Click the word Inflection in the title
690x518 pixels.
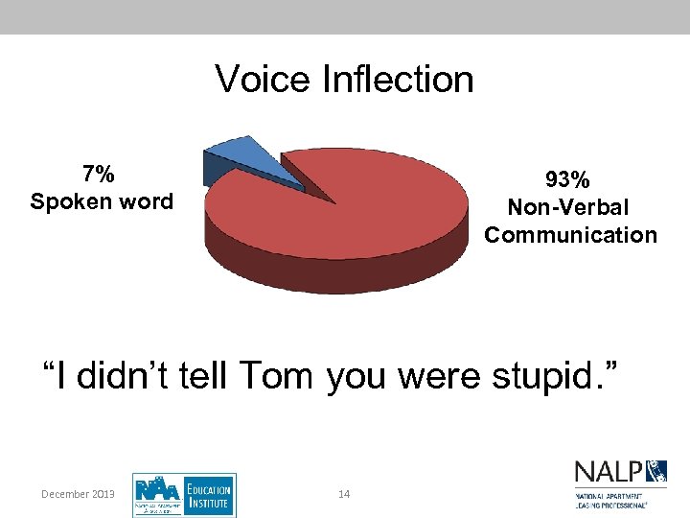pyautogui.click(x=397, y=79)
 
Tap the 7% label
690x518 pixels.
pyautogui.click(x=100, y=174)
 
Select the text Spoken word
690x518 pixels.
pyautogui.click(x=102, y=201)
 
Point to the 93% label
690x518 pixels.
pyautogui.click(x=568, y=179)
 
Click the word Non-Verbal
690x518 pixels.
pyautogui.click(x=568, y=207)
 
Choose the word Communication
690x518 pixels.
pyautogui.click(x=570, y=235)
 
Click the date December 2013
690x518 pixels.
pyautogui.click(x=79, y=494)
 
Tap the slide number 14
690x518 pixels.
pyautogui.click(x=345, y=494)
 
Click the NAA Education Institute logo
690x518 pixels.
pyautogui.click(x=184, y=495)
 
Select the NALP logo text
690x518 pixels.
pyautogui.click(x=609, y=473)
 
